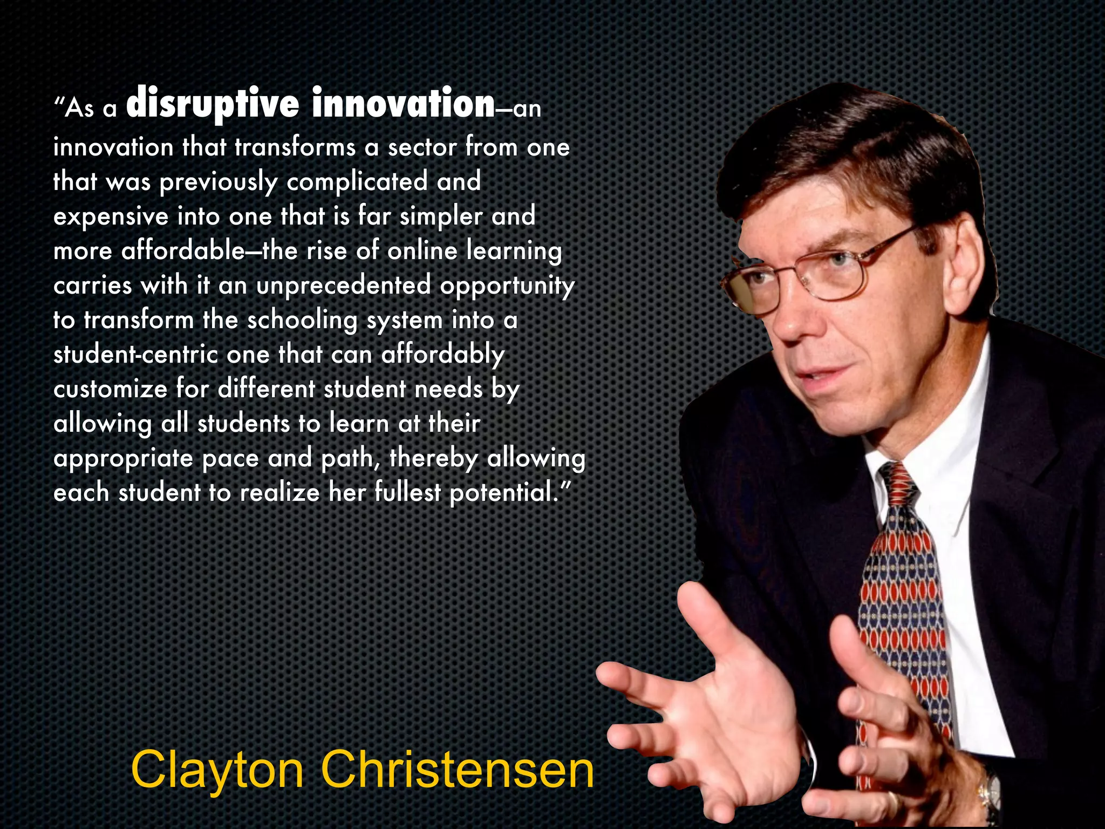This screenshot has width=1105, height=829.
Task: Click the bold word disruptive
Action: coord(212,104)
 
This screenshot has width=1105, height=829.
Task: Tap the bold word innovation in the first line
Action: coord(403,104)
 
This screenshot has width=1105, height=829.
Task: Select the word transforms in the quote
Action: coord(295,147)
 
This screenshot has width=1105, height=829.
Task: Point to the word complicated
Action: coord(357,181)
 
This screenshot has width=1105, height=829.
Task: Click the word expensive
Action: coord(111,216)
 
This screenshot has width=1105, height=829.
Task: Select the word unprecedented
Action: coord(344,285)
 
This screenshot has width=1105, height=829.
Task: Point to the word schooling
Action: coord(302,321)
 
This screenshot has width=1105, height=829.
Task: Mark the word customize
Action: coord(111,389)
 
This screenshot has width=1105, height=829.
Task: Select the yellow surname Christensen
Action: coord(458,770)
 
